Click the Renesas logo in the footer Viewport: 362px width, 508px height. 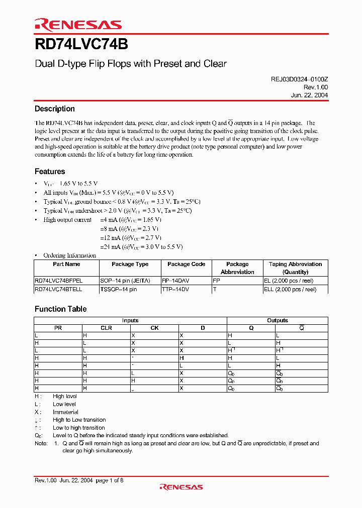pos(181,486)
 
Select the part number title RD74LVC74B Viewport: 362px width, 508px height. pos(81,45)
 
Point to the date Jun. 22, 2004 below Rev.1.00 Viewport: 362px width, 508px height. pos(309,95)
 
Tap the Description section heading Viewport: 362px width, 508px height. pos(54,109)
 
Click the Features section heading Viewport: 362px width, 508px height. pos(50,172)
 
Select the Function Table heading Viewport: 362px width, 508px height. pos(60,309)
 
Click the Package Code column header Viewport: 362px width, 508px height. pos(186,264)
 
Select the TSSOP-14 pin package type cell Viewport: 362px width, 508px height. pos(118,290)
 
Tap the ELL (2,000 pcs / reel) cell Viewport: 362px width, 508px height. pos(290,290)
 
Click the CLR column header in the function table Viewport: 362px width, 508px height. pos(106,328)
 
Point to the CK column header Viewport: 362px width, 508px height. pos(154,328)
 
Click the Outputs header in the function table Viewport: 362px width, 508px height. pos(277,320)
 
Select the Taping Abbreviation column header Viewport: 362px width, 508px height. pos(295,264)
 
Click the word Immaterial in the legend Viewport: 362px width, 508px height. pos(65,412)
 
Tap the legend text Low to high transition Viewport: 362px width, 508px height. pos(78,428)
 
